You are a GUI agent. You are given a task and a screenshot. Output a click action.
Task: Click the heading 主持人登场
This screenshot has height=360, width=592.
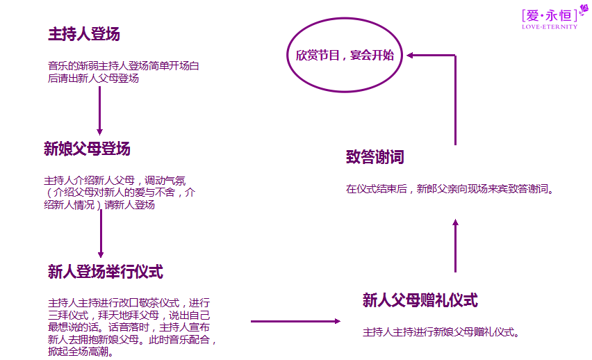(x=84, y=34)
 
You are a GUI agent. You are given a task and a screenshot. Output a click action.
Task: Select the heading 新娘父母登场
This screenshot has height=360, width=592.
(x=87, y=149)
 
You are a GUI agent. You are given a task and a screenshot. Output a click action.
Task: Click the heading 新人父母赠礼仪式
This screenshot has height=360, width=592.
(x=420, y=300)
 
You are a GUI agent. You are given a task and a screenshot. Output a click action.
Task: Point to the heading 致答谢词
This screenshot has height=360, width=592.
(x=375, y=157)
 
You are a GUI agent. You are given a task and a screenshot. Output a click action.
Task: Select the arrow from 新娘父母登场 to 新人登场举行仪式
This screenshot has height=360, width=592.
(x=101, y=233)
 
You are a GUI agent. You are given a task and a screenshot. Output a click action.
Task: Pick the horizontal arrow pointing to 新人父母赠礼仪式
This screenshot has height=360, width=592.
(x=295, y=321)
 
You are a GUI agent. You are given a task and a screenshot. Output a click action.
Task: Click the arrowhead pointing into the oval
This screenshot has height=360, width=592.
(x=411, y=55)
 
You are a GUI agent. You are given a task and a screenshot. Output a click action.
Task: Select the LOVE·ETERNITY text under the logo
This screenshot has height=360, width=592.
(x=549, y=27)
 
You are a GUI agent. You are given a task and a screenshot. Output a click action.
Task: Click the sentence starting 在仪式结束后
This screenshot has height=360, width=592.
(x=450, y=189)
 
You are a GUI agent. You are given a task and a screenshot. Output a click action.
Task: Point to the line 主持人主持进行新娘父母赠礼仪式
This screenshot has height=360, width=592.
(x=442, y=332)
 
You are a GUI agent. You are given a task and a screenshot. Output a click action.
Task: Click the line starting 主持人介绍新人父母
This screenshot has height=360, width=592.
(x=115, y=179)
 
